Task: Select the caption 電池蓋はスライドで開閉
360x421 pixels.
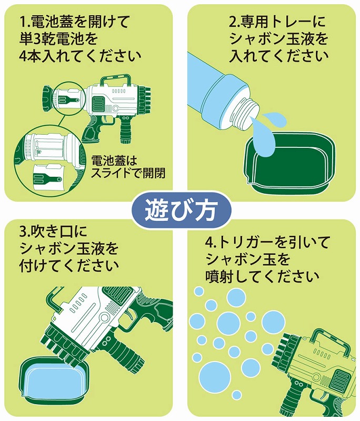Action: pyautogui.click(x=128, y=167)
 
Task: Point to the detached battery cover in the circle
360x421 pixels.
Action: pyautogui.click(x=49, y=176)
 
